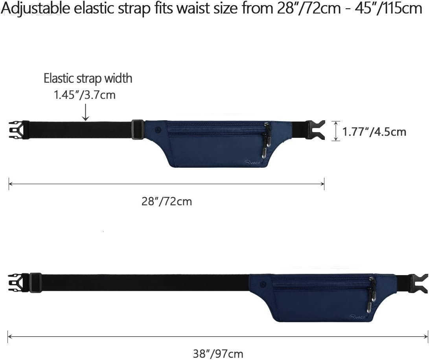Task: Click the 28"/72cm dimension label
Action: coord(167,202)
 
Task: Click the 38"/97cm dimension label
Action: coord(218,353)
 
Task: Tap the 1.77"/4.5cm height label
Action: coord(374,132)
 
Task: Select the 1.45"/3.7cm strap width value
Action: coord(85,95)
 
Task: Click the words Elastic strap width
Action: coord(88,79)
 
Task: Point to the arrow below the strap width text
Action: coord(86,112)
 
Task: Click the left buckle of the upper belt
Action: coord(19,130)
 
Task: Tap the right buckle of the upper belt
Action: coord(315,130)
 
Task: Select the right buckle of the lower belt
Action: coord(419,283)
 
